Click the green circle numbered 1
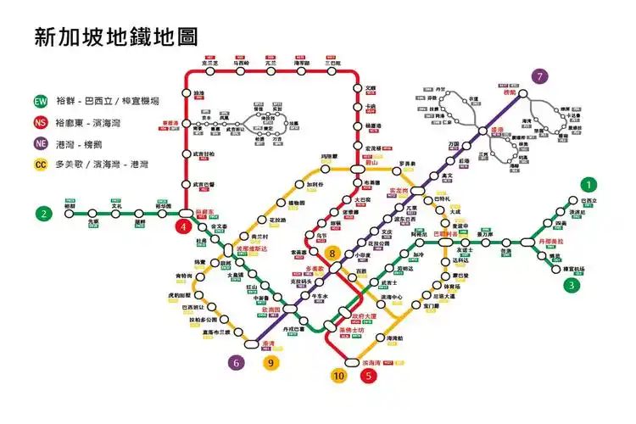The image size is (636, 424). [589, 184]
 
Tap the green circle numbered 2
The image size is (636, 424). [43, 213]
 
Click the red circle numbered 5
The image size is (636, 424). [367, 375]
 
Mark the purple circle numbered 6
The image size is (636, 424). [237, 363]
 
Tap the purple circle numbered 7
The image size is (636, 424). [542, 76]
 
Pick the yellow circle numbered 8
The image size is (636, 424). [333, 253]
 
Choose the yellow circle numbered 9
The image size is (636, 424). [271, 363]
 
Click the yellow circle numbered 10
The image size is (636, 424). [339, 375]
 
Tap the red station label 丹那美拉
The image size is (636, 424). [551, 241]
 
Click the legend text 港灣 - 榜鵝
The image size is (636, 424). [80, 143]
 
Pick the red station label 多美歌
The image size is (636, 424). [315, 268]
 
